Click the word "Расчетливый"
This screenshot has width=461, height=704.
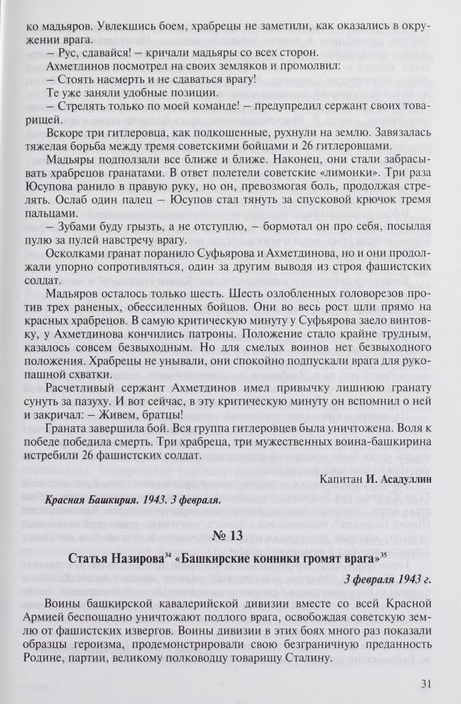77,386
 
